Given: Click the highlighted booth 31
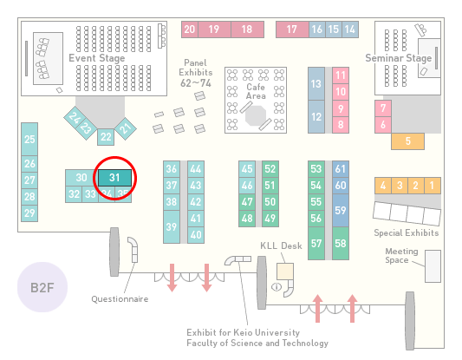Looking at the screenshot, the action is click(114, 178).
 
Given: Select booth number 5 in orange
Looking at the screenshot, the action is click(407, 141).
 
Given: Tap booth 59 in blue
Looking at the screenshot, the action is click(341, 210).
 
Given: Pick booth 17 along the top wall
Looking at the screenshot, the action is click(292, 29).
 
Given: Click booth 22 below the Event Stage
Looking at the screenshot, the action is click(106, 137).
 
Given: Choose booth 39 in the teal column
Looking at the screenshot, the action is click(172, 226).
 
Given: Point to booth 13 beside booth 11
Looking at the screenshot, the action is click(316, 84).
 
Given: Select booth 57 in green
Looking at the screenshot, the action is click(316, 243).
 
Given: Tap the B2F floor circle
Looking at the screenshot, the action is click(42, 287).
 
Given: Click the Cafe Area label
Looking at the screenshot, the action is click(256, 91).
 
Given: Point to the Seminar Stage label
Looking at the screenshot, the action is click(399, 58).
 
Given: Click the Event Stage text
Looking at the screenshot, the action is click(97, 58).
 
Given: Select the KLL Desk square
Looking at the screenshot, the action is click(285, 272).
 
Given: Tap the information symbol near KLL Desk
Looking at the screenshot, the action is click(277, 286).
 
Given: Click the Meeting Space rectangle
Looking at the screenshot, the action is click(433, 266).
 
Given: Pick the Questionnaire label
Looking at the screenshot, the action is click(120, 299).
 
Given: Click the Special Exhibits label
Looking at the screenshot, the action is click(407, 233).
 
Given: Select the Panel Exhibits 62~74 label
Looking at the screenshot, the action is click(196, 73).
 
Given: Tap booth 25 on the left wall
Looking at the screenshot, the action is click(29, 139).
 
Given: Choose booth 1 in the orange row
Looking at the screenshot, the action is click(433, 186).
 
